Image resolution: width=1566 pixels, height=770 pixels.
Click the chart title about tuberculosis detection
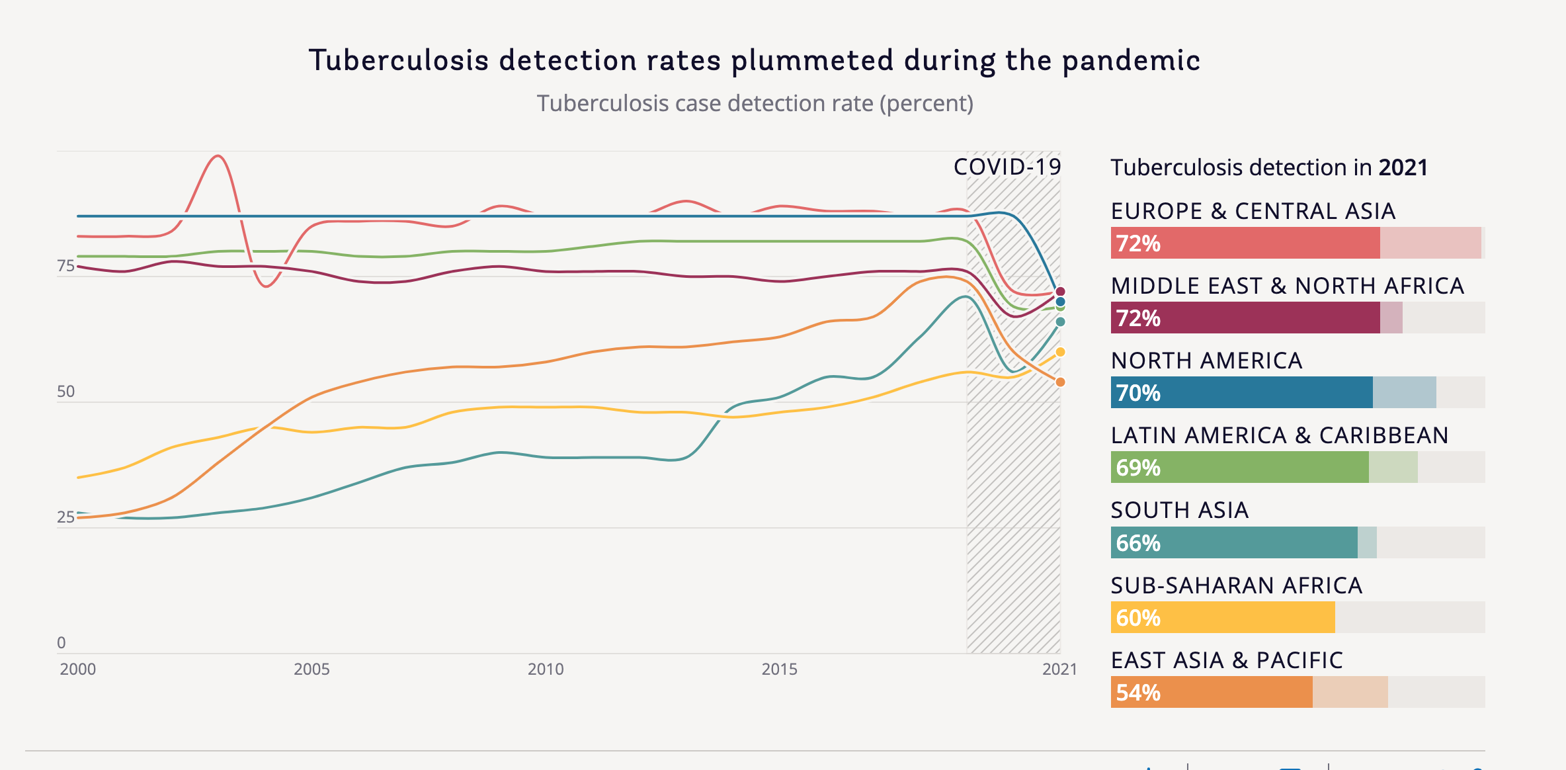click(x=754, y=60)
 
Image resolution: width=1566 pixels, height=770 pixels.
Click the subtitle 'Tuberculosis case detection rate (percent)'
click(x=755, y=104)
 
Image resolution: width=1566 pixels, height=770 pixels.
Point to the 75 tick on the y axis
click(x=66, y=266)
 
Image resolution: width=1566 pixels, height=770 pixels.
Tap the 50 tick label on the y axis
click(x=66, y=392)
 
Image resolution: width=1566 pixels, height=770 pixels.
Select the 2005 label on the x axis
click(x=311, y=669)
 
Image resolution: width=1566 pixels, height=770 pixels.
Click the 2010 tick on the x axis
click(x=546, y=669)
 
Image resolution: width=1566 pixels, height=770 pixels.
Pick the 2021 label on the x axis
click(x=1059, y=669)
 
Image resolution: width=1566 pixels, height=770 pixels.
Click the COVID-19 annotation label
click(x=1007, y=167)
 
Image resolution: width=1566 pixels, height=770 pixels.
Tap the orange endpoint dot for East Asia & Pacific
click(x=1060, y=382)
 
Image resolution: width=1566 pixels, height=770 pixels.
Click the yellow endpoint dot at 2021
click(x=1060, y=352)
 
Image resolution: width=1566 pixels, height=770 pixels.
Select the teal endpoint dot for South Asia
click(x=1060, y=322)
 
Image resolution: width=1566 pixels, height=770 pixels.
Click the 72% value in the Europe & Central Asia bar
click(x=1138, y=243)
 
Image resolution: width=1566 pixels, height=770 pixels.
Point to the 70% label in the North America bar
click(x=1138, y=393)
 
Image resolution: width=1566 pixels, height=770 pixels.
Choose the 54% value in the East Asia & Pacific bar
click(x=1138, y=693)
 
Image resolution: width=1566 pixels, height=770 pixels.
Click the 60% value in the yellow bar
click(x=1138, y=618)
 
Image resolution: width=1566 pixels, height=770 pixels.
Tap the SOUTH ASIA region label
click(x=1180, y=511)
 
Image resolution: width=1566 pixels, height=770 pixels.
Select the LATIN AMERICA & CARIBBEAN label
click(x=1280, y=435)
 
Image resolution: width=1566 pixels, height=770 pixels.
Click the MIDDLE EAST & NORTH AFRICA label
click(x=1287, y=286)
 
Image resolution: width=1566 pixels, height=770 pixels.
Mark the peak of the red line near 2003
click(x=218, y=156)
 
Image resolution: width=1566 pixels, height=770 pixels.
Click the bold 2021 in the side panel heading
click(x=1403, y=167)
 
